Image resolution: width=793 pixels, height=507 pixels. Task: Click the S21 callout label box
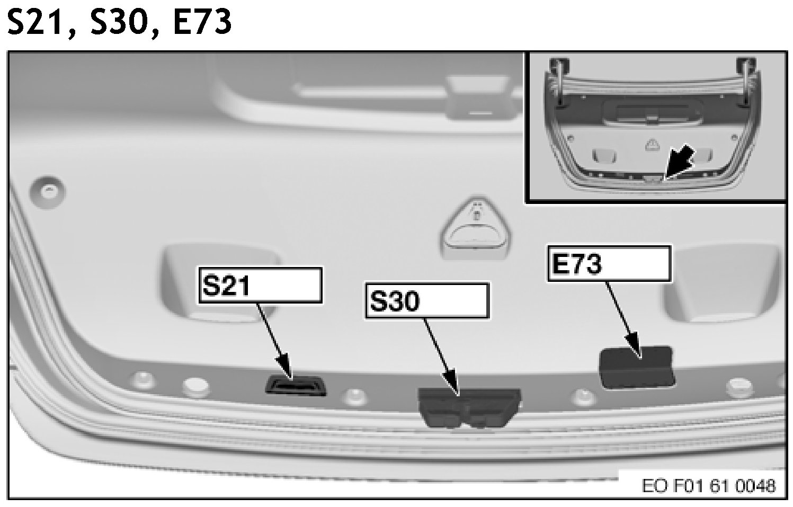pyautogui.click(x=260, y=285)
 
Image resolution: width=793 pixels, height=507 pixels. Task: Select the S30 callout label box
pyautogui.click(x=426, y=300)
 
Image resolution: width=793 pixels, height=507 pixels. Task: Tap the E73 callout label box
pyautogui.click(x=609, y=263)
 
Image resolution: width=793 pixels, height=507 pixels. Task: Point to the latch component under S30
pyautogui.click(x=468, y=406)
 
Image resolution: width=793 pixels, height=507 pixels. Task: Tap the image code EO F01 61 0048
pyautogui.click(x=709, y=485)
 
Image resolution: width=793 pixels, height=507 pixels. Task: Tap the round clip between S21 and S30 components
pyautogui.click(x=354, y=396)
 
